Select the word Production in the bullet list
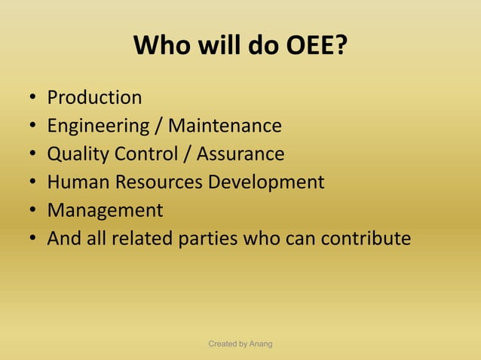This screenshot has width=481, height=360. pyautogui.click(x=94, y=98)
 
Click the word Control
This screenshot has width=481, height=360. pyautogui.click(x=154, y=154)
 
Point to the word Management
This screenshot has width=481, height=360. pyautogui.click(x=105, y=210)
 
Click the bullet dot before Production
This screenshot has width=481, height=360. pyautogui.click(x=33, y=99)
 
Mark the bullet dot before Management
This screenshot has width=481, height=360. pyautogui.click(x=33, y=212)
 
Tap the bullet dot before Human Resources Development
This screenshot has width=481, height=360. pyautogui.click(x=33, y=183)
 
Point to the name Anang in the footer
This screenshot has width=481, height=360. pyautogui.click(x=260, y=344)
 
